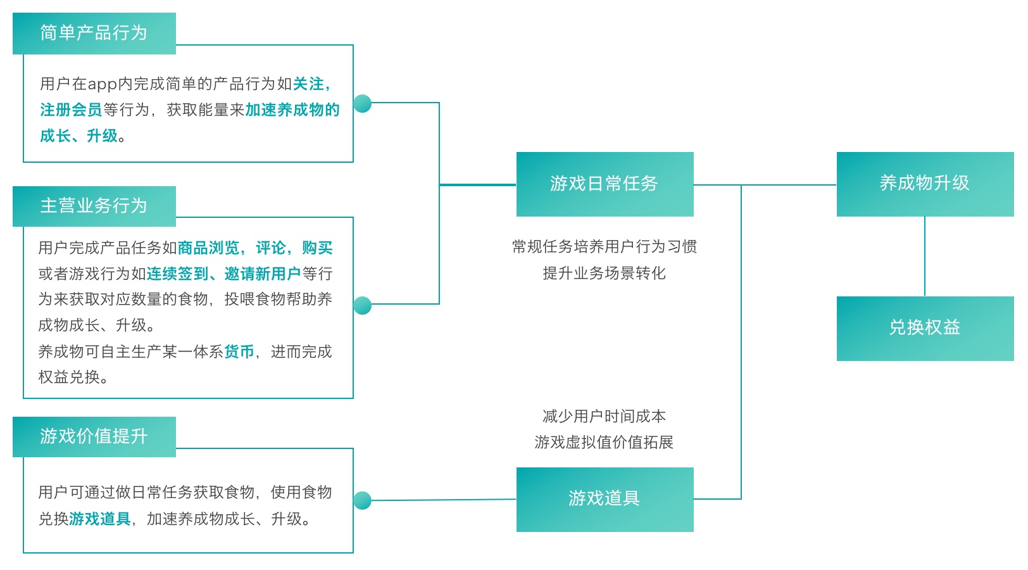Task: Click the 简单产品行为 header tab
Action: (x=94, y=33)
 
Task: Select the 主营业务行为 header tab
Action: (x=94, y=206)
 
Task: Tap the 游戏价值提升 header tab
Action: (x=94, y=436)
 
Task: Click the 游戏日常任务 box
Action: (x=605, y=184)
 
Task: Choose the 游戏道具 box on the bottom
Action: (x=605, y=499)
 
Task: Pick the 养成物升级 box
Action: (x=925, y=184)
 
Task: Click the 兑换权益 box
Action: (x=925, y=328)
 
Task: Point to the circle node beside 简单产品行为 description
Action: (x=362, y=103)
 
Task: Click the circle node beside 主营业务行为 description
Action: (x=362, y=305)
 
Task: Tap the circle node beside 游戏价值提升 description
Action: (x=362, y=500)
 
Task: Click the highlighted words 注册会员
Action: (x=71, y=110)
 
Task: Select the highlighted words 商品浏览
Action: (x=208, y=248)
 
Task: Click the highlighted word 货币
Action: (x=239, y=351)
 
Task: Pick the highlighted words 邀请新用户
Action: (x=262, y=274)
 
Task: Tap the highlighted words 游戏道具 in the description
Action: (x=100, y=519)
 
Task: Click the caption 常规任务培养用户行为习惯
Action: (x=605, y=246)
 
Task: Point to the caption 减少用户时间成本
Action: (x=605, y=416)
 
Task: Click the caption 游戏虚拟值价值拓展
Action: (x=605, y=442)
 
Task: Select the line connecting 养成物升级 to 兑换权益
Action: (x=925, y=256)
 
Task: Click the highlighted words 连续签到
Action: (x=177, y=274)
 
